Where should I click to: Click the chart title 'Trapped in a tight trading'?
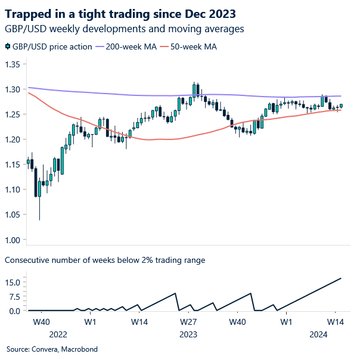[120, 13]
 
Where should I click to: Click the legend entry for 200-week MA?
[132, 47]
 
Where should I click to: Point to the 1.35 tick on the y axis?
[13, 64]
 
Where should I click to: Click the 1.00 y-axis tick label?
[13, 240]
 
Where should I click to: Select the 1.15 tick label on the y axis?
[13, 165]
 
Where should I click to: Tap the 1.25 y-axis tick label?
[13, 114]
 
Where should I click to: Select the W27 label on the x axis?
[189, 322]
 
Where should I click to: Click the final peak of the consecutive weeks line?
[341, 278]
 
